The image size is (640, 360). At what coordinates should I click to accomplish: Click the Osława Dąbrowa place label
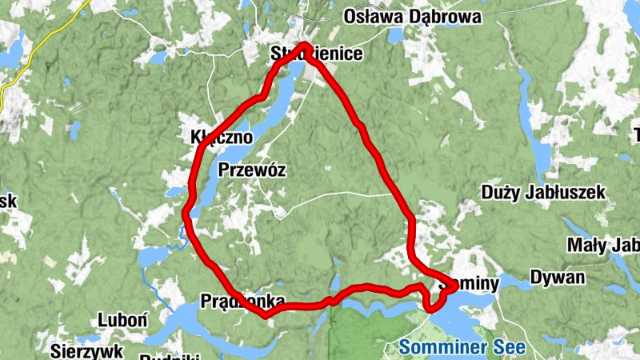click(x=412, y=17)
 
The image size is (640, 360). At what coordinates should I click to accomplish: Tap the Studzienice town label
click(x=315, y=55)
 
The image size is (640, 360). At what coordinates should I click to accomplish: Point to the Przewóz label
click(x=252, y=170)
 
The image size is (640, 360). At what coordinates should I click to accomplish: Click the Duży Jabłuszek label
click(x=544, y=193)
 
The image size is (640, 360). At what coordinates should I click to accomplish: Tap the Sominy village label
click(x=470, y=284)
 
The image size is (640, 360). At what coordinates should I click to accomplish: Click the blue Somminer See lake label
click(x=462, y=347)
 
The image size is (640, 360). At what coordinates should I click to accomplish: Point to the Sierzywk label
click(x=86, y=350)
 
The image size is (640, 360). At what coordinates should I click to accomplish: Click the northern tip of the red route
click(x=305, y=45)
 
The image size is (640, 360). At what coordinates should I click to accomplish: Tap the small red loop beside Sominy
click(x=434, y=300)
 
